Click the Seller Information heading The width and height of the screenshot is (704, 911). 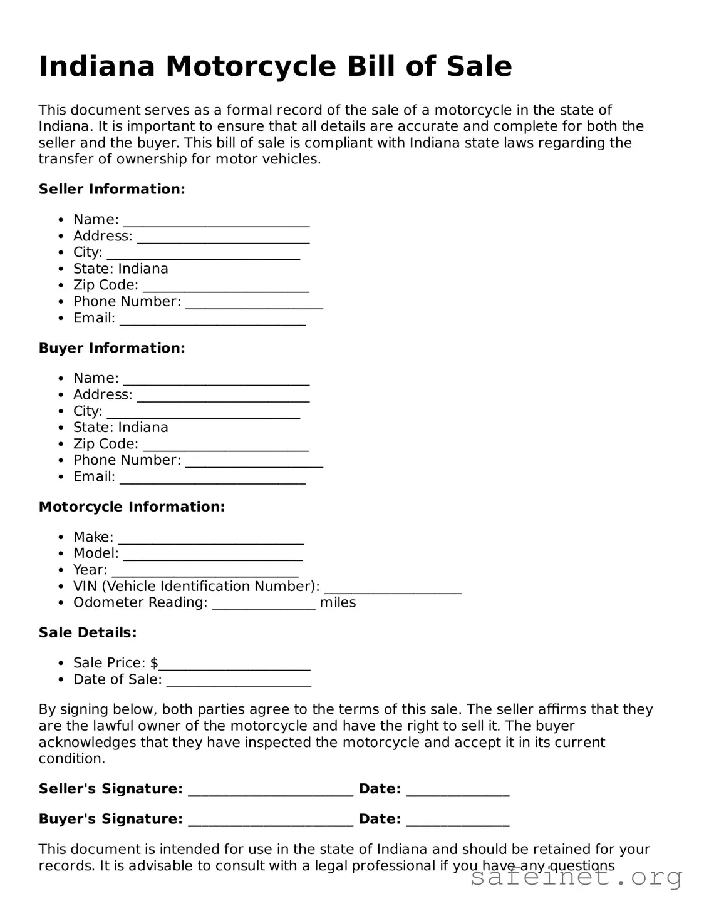click(111, 189)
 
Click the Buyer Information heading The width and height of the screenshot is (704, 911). click(111, 348)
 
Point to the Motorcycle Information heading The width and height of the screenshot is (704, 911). click(132, 507)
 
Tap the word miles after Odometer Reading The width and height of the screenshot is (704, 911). click(338, 602)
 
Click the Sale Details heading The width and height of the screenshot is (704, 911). click(88, 632)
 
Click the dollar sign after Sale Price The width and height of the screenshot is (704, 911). click(154, 662)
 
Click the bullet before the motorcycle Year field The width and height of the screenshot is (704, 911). click(60, 570)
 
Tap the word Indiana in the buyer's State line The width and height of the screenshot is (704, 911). click(143, 427)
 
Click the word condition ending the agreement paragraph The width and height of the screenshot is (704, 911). click(71, 758)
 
